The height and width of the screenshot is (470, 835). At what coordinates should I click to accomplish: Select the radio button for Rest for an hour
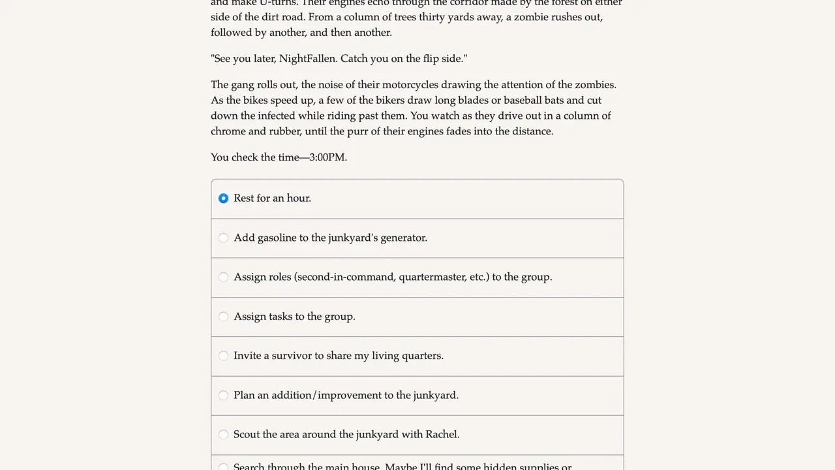223,198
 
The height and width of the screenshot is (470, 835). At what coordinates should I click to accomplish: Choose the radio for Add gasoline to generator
223,238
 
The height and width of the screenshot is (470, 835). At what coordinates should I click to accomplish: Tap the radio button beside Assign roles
223,277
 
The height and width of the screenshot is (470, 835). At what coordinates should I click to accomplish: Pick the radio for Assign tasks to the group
223,317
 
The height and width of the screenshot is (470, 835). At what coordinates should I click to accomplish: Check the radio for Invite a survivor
223,356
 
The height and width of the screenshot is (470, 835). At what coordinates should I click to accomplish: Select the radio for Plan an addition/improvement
223,395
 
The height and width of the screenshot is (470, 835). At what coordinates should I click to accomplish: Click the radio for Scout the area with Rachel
223,435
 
